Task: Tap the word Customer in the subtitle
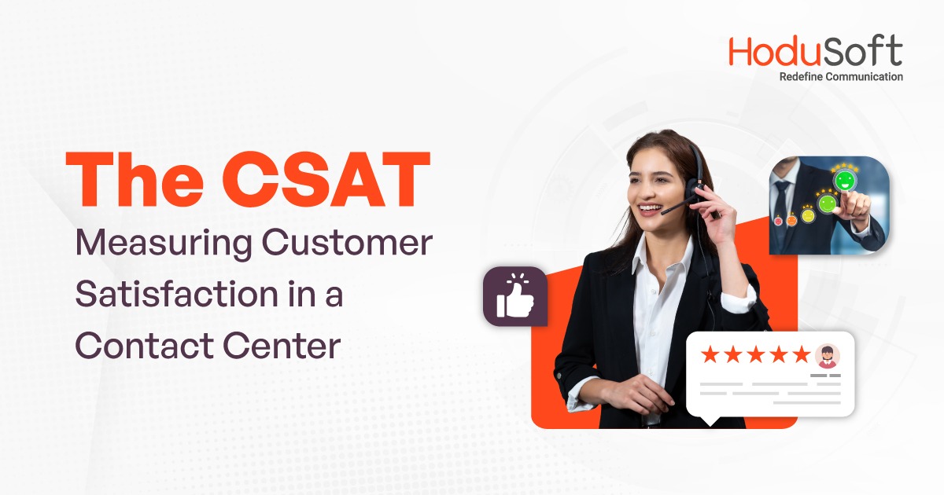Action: pos(347,244)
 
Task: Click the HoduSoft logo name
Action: pos(815,52)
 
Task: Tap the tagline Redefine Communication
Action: pos(840,77)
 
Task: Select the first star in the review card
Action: pos(710,354)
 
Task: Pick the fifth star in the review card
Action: pos(801,354)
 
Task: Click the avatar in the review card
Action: pos(827,356)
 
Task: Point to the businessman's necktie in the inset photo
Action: pos(781,201)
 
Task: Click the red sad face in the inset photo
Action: pos(778,222)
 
